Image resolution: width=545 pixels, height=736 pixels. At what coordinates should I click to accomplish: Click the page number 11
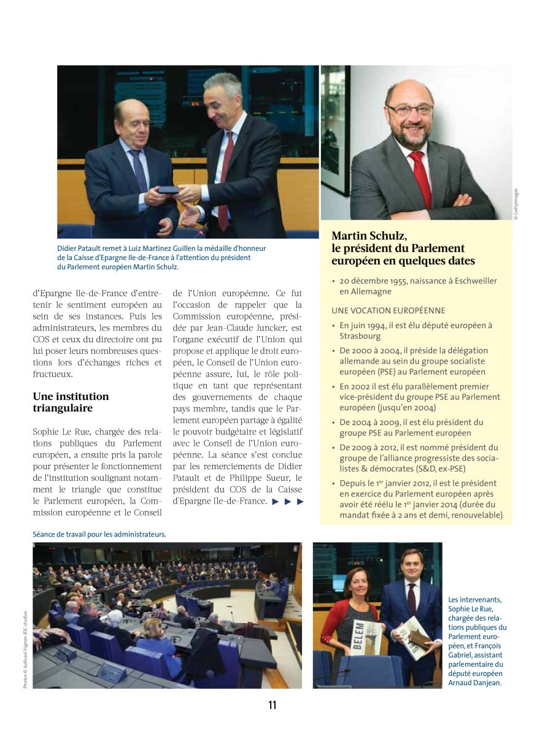(x=272, y=705)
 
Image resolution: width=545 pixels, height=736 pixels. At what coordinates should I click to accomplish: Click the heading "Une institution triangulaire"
(x=71, y=402)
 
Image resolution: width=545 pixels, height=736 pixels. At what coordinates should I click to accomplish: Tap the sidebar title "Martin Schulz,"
(x=369, y=236)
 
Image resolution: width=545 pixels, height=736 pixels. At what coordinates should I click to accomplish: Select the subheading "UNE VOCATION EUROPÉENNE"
(x=388, y=310)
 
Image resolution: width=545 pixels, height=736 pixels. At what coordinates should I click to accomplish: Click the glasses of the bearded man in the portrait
(x=409, y=110)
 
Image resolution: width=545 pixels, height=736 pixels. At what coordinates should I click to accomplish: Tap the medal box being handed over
(x=168, y=191)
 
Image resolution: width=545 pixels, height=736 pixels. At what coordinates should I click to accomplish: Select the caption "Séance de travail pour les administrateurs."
(x=99, y=534)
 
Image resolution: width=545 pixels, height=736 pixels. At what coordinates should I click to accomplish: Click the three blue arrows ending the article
(x=287, y=501)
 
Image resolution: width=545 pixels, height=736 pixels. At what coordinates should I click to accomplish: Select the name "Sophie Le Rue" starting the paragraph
(x=60, y=431)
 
